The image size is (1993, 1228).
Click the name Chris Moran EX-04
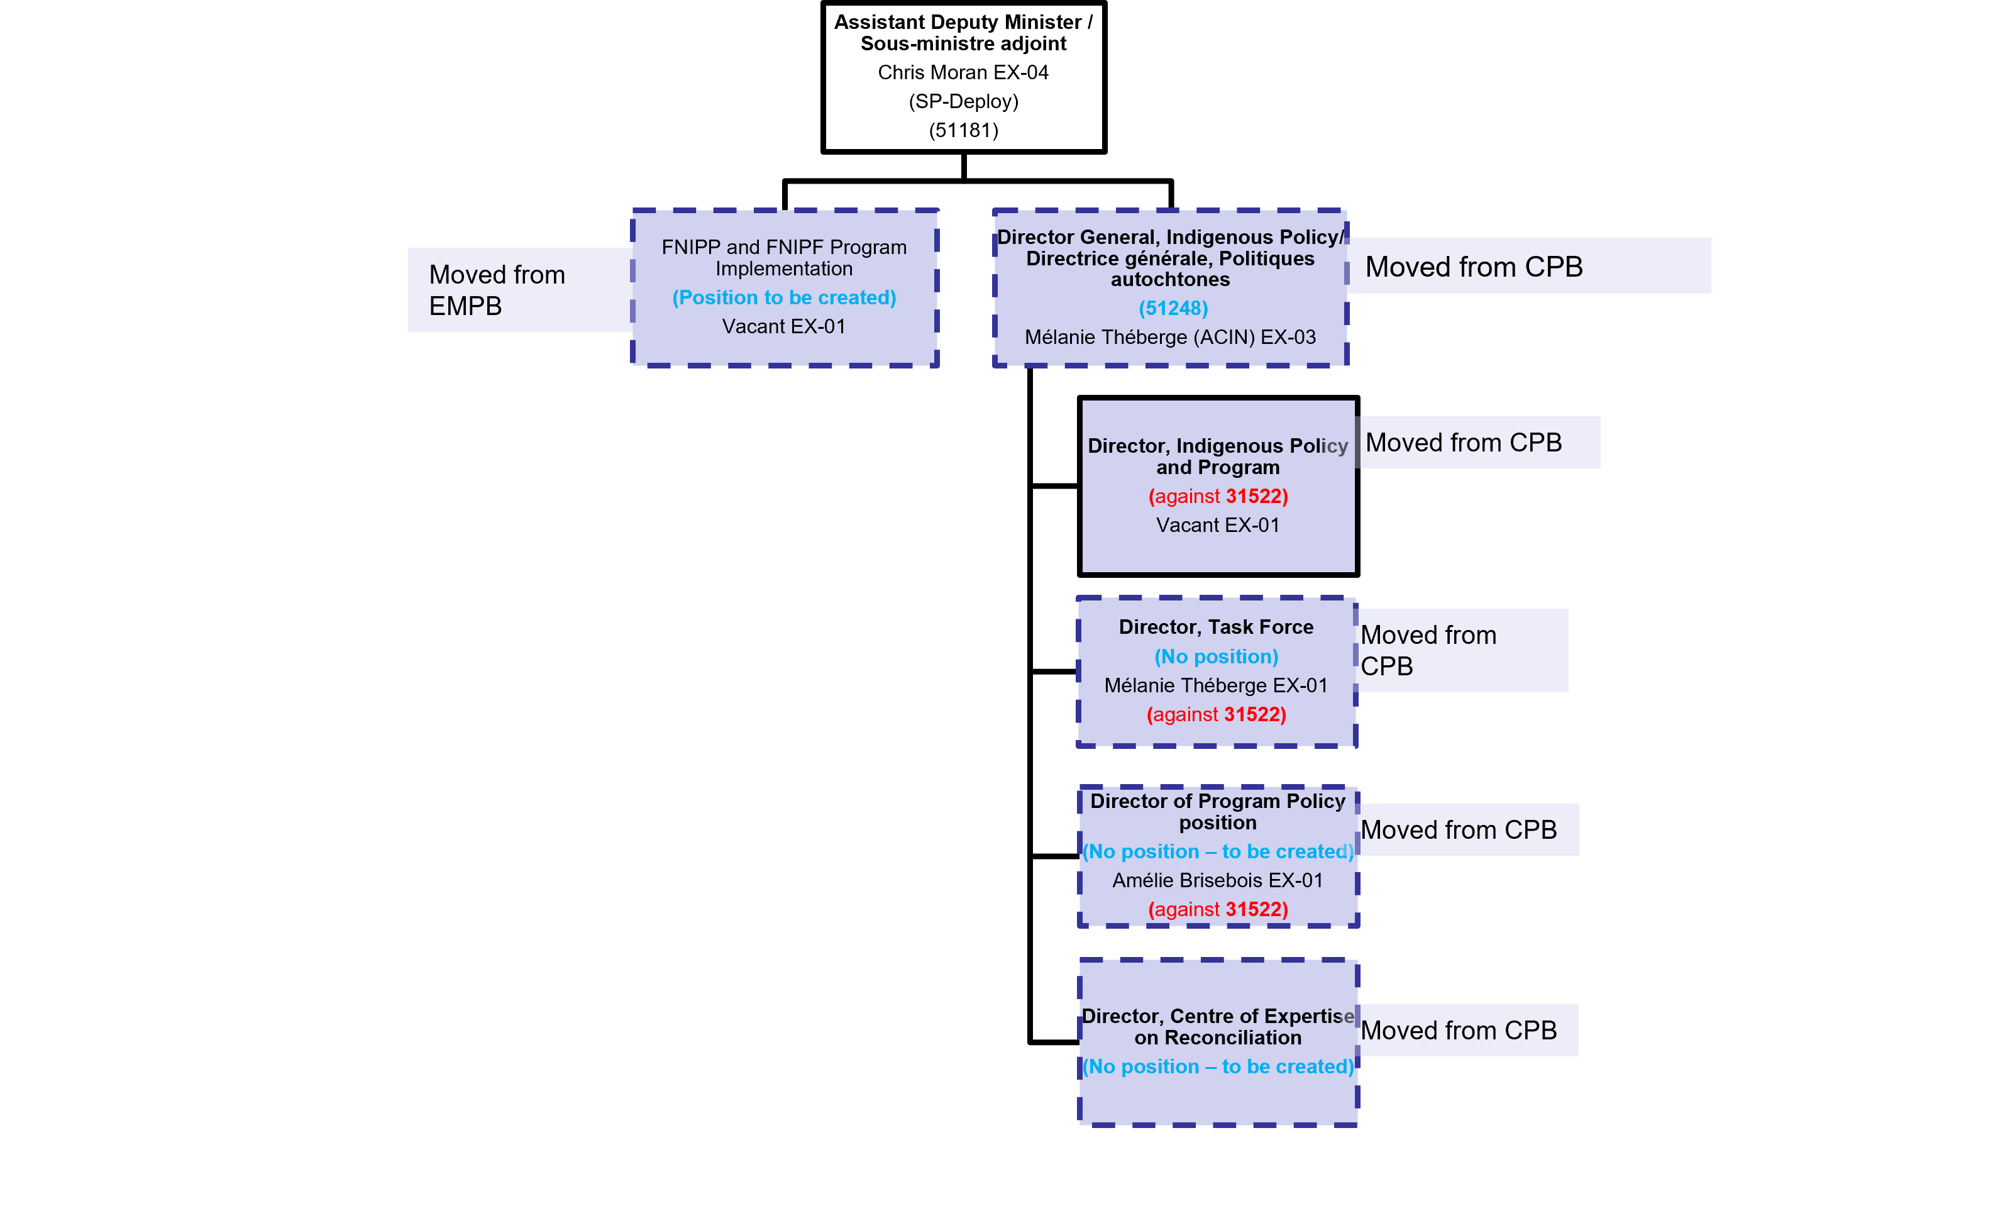click(963, 72)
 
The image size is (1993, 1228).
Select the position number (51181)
click(963, 130)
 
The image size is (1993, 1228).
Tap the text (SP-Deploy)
click(963, 101)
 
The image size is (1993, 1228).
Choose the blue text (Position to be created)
click(783, 297)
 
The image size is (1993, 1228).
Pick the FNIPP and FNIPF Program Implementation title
click(783, 257)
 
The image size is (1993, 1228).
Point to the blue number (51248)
click(1173, 309)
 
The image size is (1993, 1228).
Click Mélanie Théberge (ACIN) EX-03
click(1170, 337)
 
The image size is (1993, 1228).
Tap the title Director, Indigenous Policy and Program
click(1217, 456)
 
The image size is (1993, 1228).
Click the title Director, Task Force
click(1215, 627)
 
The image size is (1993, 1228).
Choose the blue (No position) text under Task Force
click(1215, 656)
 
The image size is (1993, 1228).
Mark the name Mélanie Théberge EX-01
click(1215, 685)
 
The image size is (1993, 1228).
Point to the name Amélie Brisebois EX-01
click(1217, 880)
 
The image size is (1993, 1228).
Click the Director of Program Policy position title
click(1217, 811)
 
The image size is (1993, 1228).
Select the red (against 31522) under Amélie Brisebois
click(1217, 910)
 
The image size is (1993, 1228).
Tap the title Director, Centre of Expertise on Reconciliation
click(1217, 1027)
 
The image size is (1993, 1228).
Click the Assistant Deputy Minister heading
click(963, 33)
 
